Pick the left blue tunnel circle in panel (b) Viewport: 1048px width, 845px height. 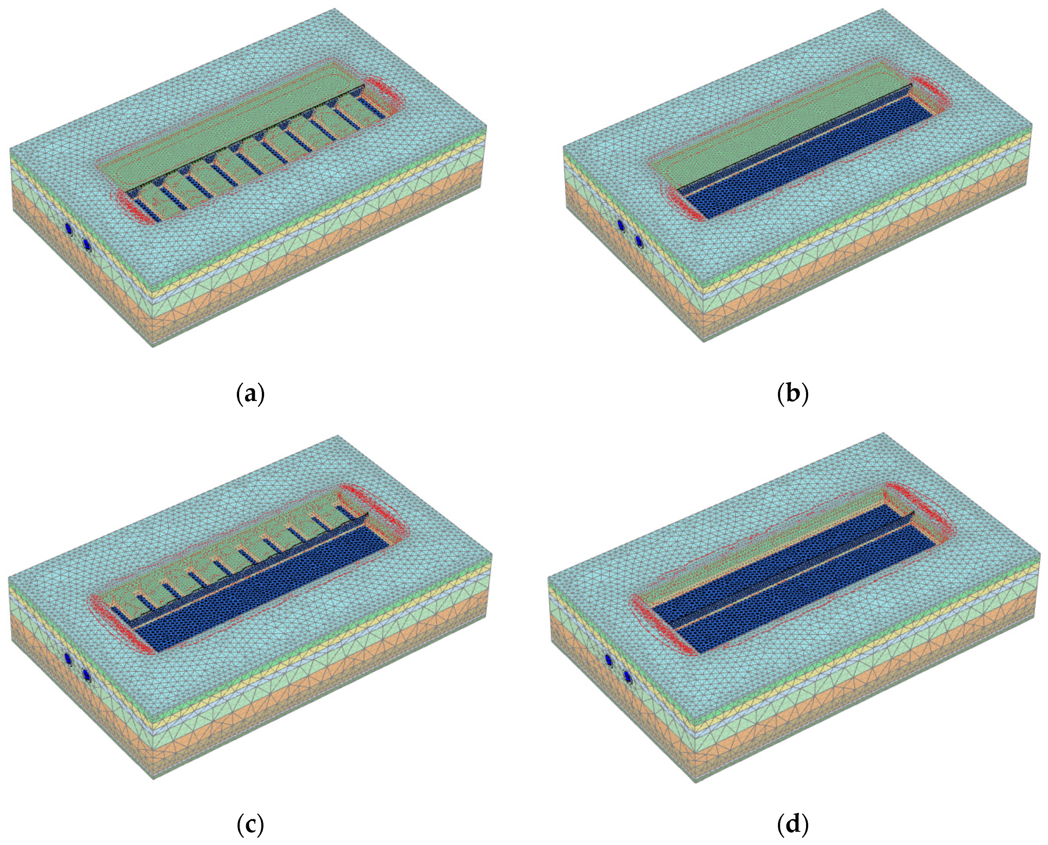point(621,225)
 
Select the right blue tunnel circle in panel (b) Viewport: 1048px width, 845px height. point(639,240)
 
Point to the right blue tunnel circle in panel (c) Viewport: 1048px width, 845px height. point(86,674)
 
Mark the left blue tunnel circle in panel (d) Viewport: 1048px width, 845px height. point(608,660)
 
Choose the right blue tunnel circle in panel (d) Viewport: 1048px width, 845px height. point(627,676)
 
